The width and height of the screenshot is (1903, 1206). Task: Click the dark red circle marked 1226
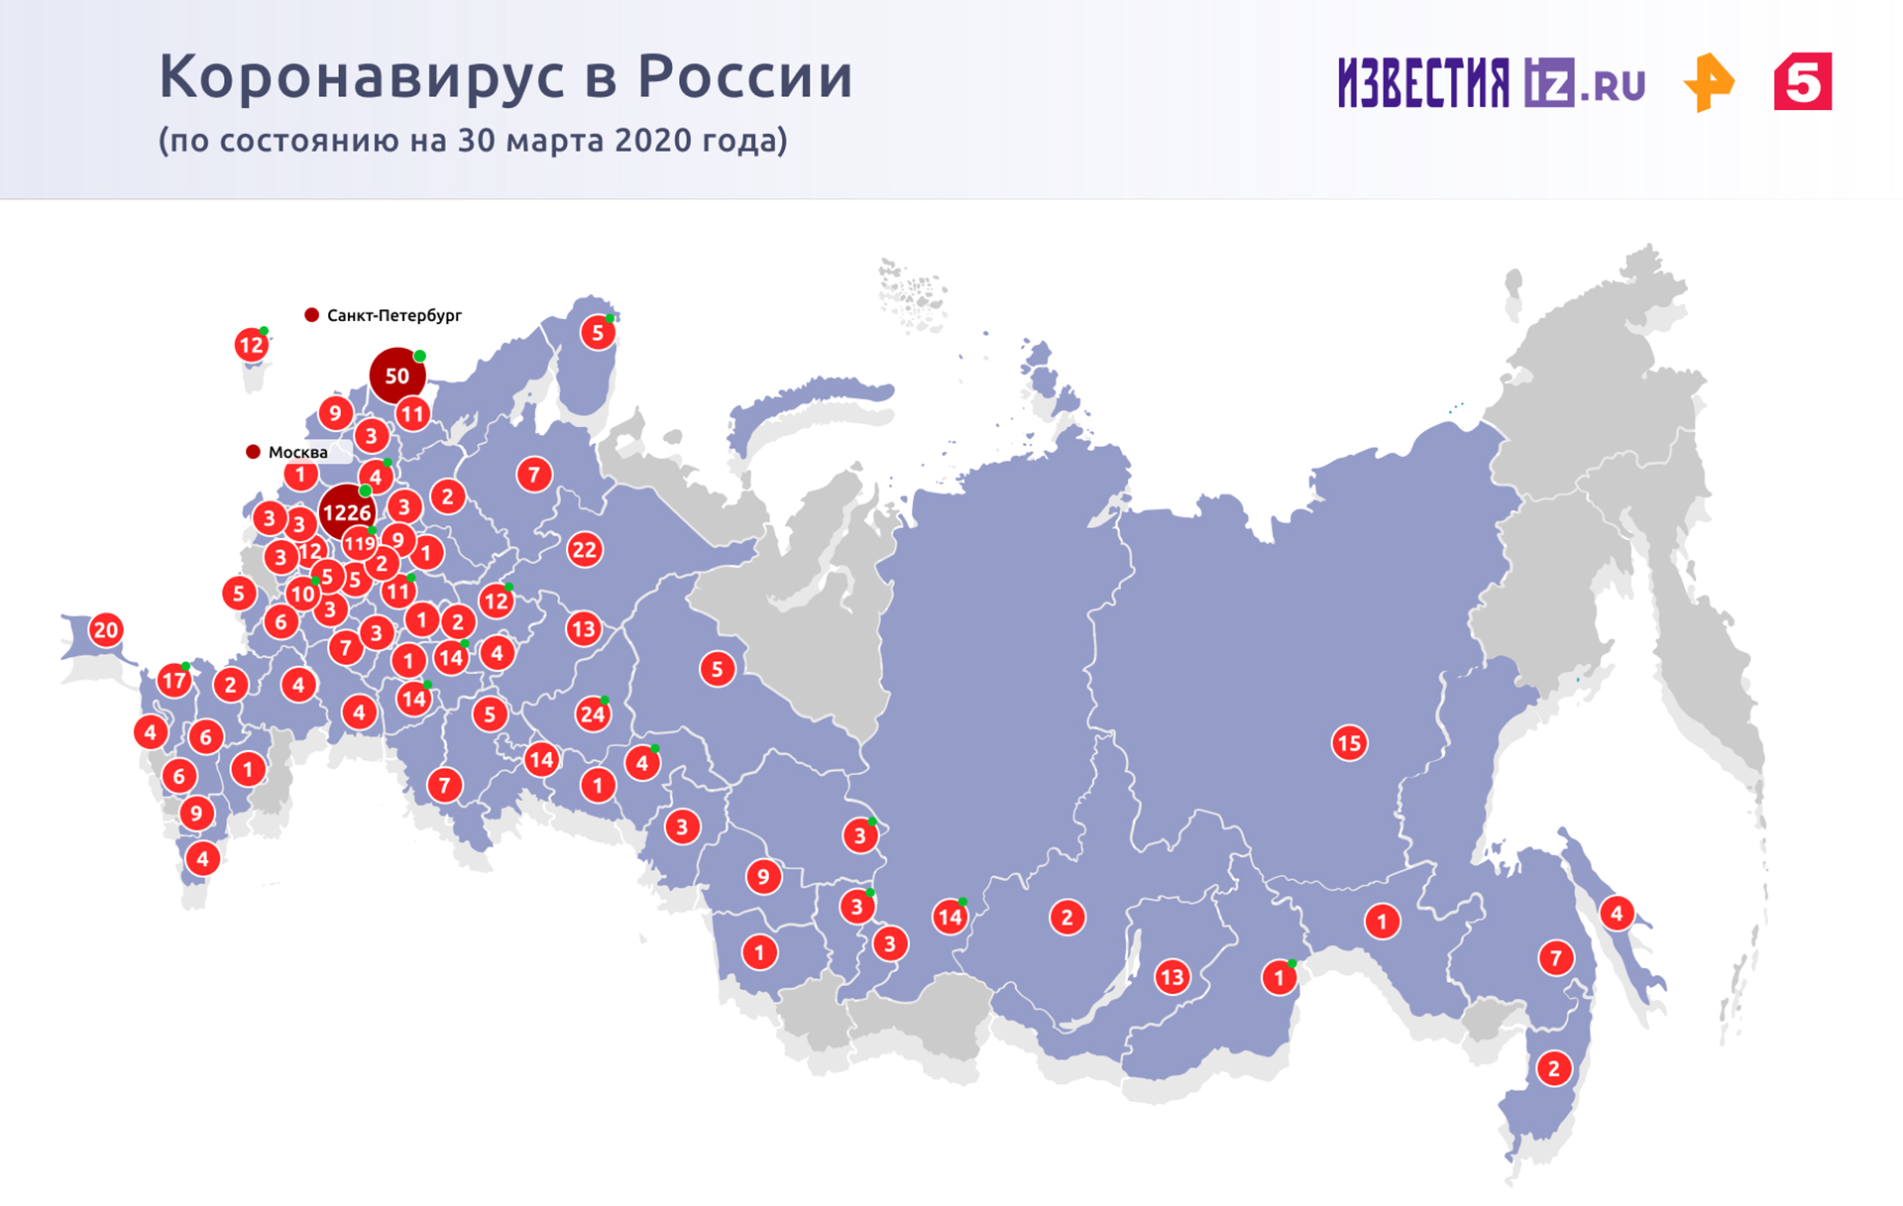(346, 512)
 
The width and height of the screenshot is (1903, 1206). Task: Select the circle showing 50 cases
(396, 376)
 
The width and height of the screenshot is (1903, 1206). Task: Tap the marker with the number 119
(359, 543)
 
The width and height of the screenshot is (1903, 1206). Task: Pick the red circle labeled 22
(584, 549)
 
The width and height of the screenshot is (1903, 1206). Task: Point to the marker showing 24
(593, 713)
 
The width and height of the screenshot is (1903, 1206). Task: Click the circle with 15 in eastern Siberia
(1349, 742)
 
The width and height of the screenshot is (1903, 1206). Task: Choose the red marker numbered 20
(105, 629)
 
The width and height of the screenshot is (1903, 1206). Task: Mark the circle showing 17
(174, 681)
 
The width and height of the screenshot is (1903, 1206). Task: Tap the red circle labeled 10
(301, 595)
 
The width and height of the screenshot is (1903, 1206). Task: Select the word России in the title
(744, 76)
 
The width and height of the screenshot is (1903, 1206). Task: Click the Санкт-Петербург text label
(394, 315)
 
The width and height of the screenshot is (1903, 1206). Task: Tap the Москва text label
(298, 452)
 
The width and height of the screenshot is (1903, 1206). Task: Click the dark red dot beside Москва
(253, 452)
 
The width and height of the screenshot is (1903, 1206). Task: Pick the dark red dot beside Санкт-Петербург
(311, 315)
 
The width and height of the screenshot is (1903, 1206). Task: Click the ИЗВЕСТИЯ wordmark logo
(1423, 82)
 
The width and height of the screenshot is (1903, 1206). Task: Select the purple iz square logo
(1549, 82)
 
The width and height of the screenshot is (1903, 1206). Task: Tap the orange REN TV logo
(1709, 83)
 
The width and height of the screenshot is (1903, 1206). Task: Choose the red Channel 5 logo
(1803, 81)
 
